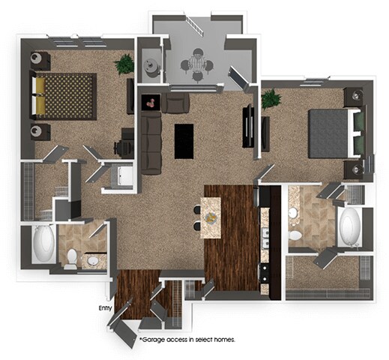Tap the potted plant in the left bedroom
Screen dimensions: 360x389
pos(124,64)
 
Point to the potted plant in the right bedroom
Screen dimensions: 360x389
pos(271,98)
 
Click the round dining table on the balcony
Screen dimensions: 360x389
pos(198,63)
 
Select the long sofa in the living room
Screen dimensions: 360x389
pos(152,136)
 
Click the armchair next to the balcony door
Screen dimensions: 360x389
pos(177,103)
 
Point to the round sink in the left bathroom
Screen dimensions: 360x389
pos(94,261)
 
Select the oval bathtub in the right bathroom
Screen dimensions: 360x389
pos(351,226)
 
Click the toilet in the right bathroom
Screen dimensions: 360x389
pos(295,235)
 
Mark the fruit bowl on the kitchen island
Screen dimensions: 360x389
pos(211,218)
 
